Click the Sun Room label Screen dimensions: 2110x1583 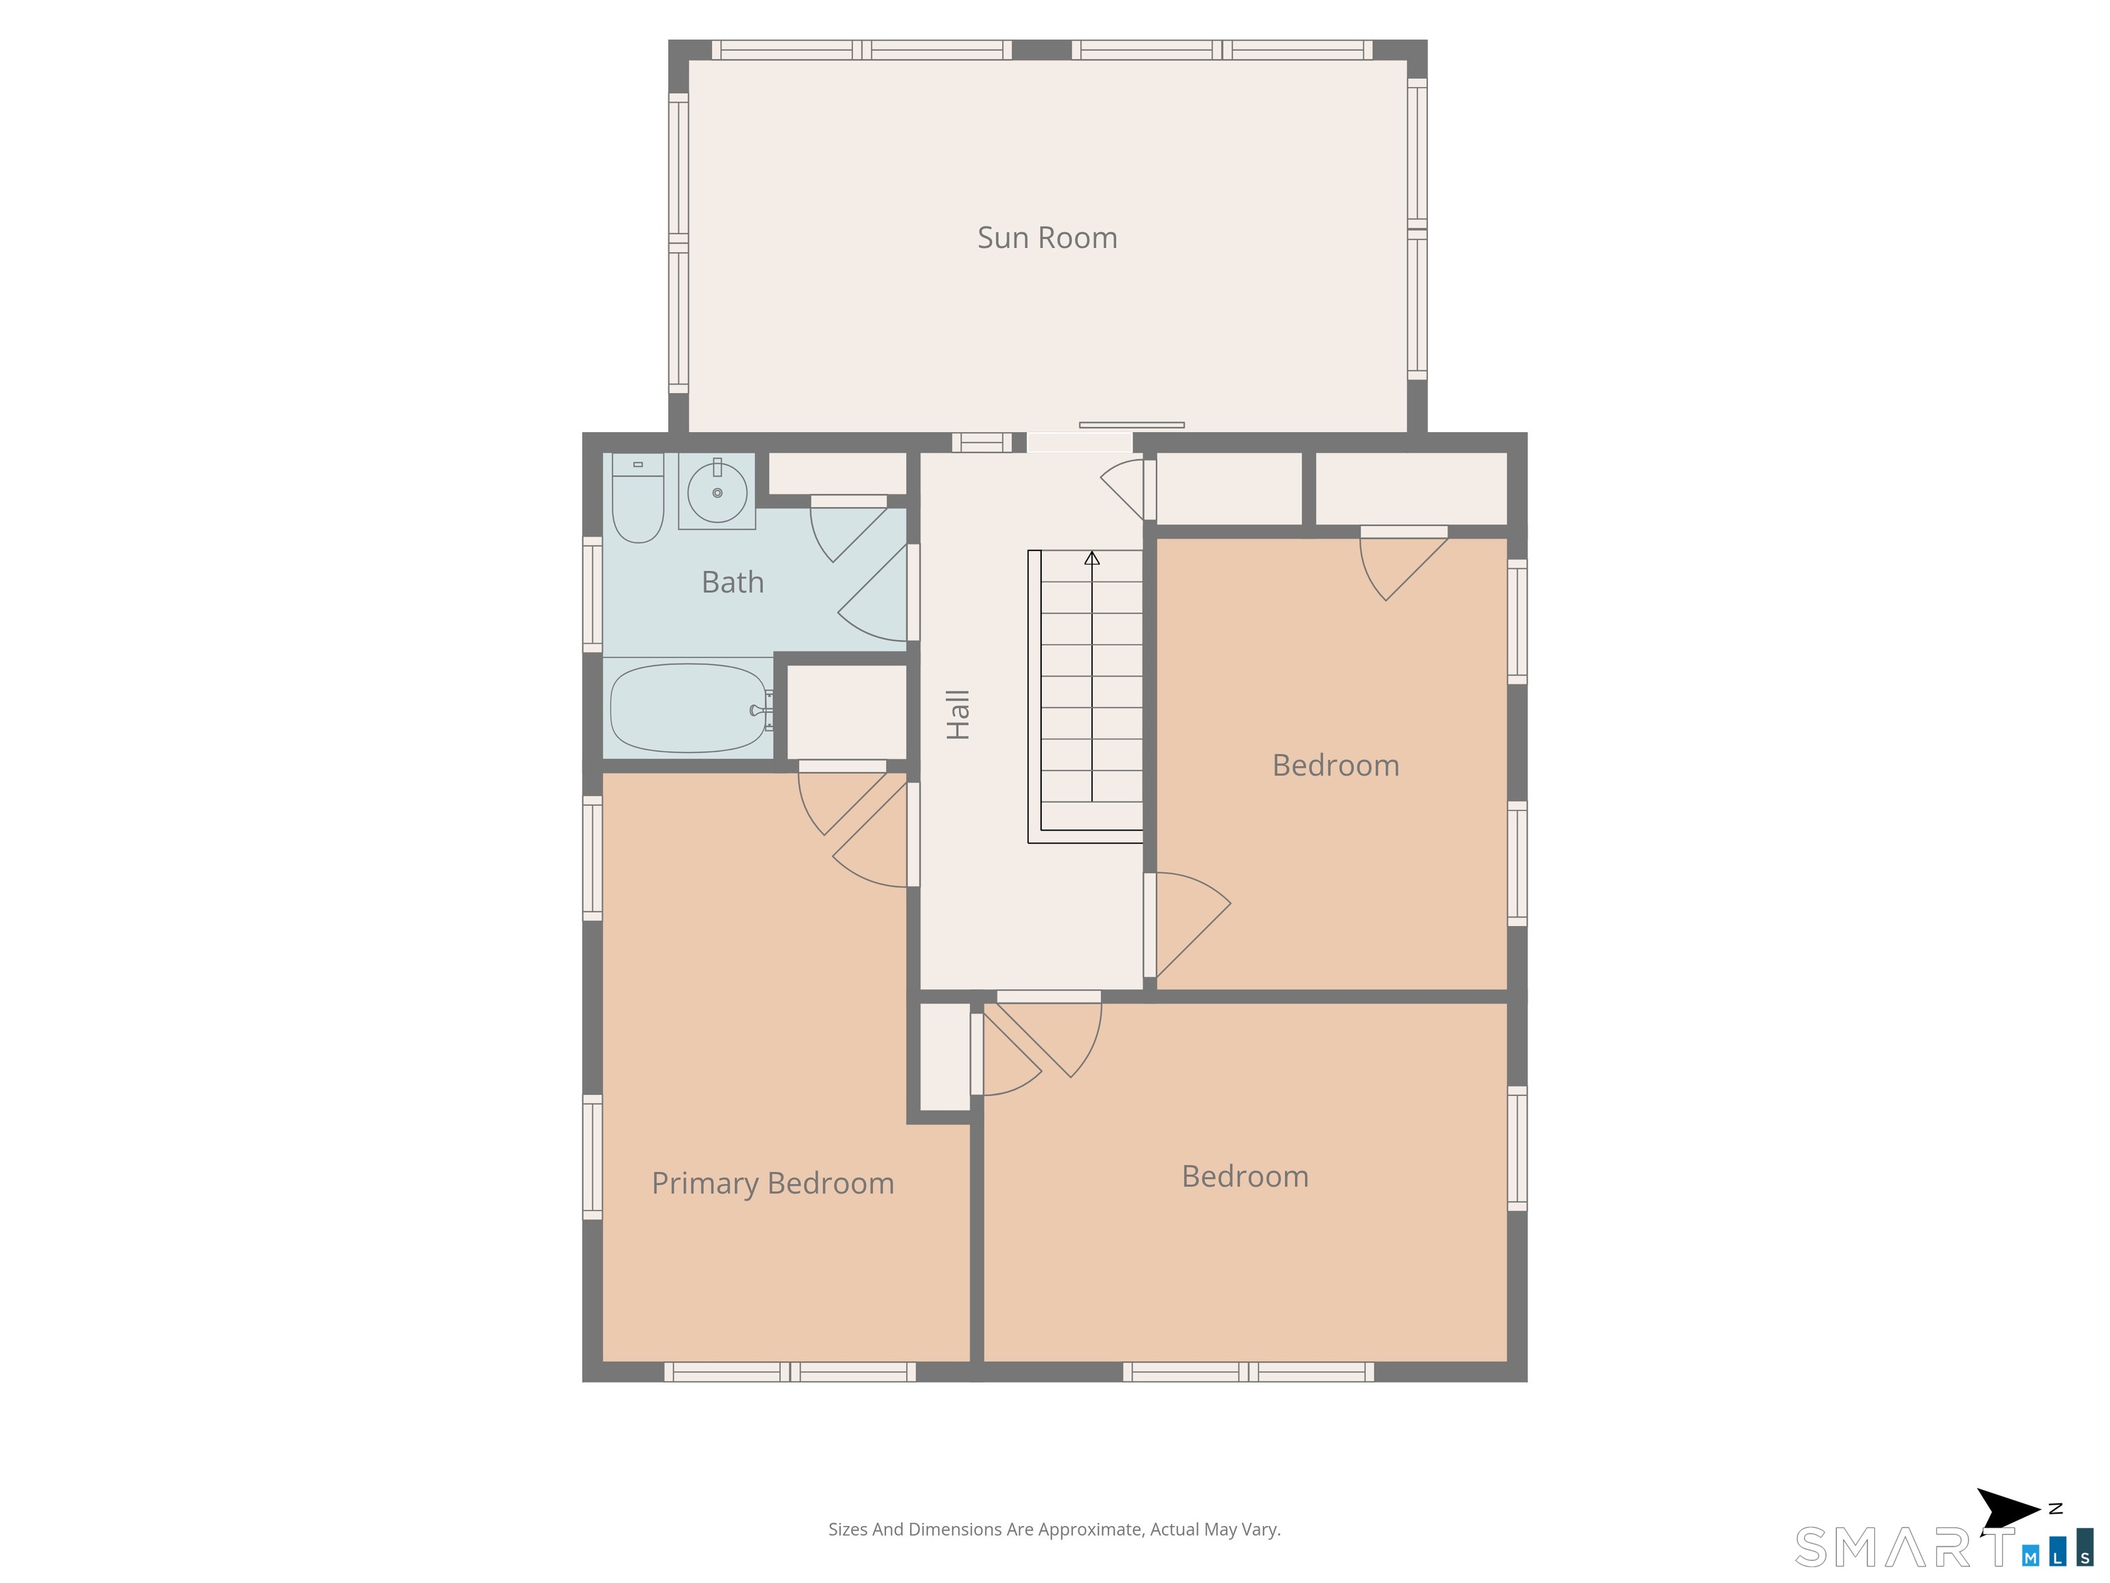(1047, 238)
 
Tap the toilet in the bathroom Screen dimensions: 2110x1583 (637, 498)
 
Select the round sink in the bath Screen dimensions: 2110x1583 (717, 491)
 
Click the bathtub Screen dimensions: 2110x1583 (689, 708)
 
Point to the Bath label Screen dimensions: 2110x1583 (733, 582)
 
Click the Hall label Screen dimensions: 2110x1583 (957, 715)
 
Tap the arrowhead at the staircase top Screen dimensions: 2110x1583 (1092, 558)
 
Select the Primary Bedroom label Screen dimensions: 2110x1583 (773, 1183)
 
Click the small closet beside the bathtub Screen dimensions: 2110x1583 (846, 712)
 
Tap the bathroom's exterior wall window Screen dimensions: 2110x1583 (592, 594)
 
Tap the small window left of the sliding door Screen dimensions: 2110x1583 (982, 442)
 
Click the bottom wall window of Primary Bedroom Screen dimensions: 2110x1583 (790, 1372)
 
